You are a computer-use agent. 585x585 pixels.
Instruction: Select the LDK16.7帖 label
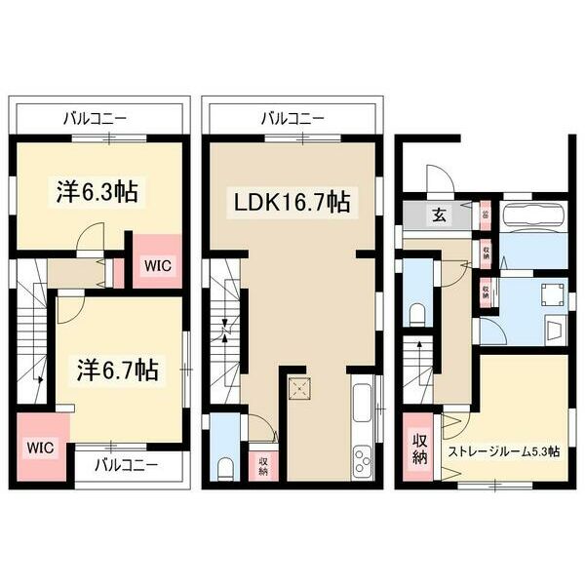pos(290,203)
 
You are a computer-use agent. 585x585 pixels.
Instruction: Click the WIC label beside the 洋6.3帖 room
pos(157,263)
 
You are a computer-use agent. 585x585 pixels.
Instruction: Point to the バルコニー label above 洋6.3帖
pos(95,119)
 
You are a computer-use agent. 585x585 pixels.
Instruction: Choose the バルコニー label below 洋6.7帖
pos(126,464)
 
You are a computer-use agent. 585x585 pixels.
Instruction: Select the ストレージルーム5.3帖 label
pos(503,451)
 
